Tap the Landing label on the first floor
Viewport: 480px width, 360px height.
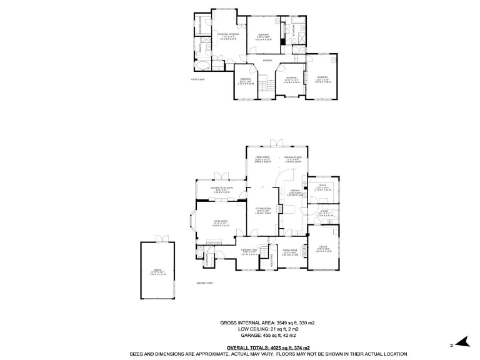(267, 60)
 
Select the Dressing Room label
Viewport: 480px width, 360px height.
(201, 25)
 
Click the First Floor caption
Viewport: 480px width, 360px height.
(198, 79)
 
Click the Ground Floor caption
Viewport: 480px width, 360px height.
(205, 283)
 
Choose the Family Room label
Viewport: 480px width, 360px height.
(261, 157)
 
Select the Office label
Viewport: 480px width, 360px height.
(323, 186)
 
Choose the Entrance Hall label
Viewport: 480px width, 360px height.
(250, 251)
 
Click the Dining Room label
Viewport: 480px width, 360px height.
(292, 251)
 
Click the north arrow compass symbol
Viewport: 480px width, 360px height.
(460, 342)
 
